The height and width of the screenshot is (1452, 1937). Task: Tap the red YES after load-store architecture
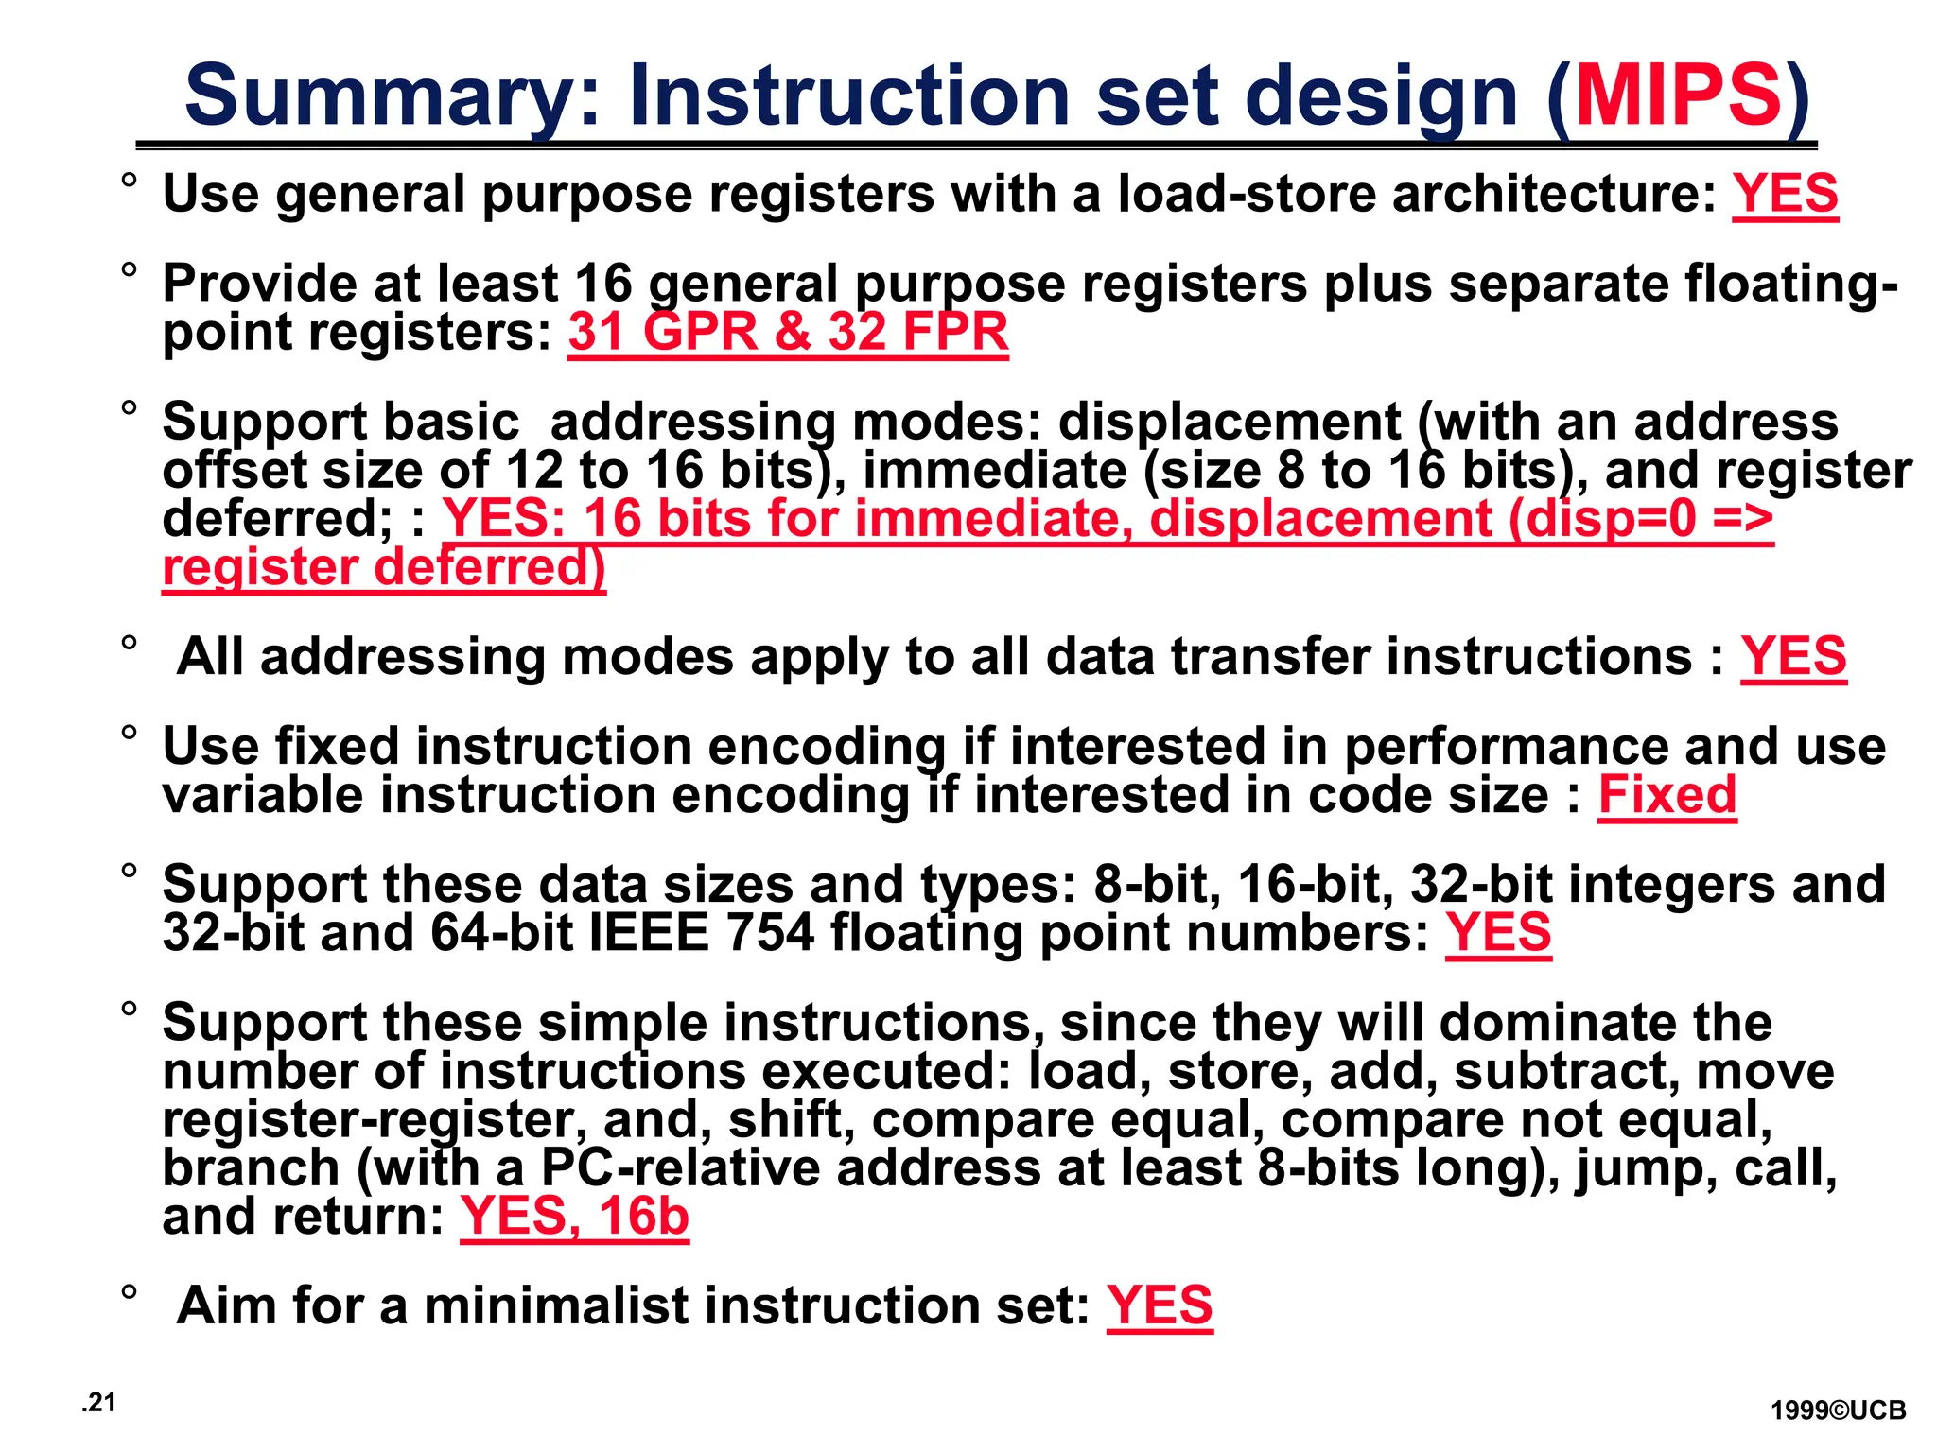click(x=1785, y=194)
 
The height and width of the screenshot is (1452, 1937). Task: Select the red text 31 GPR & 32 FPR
click(x=788, y=332)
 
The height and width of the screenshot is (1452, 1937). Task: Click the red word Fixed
click(x=1667, y=795)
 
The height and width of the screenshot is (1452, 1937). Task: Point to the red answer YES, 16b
click(x=574, y=1216)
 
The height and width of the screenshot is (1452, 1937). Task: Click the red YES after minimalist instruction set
click(x=1160, y=1305)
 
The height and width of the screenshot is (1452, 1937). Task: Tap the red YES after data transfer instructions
click(x=1793, y=656)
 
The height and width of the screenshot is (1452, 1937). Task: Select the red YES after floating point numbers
click(x=1498, y=933)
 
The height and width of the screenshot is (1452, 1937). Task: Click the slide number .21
click(x=98, y=1403)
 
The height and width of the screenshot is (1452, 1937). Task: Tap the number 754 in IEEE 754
click(x=770, y=933)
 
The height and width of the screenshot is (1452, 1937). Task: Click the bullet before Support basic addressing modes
click(x=129, y=408)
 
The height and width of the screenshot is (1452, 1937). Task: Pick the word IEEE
click(x=649, y=933)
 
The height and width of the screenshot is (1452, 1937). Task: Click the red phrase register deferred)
click(x=384, y=568)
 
